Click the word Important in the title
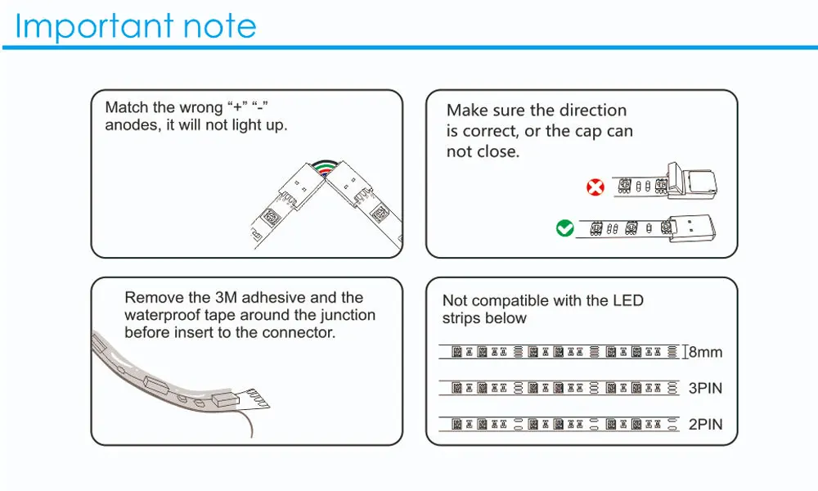(94, 26)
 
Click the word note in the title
(219, 27)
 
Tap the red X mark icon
(596, 187)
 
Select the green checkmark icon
(565, 228)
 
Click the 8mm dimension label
(705, 352)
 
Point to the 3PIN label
(705, 388)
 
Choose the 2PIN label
(705, 424)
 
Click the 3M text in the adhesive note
(226, 297)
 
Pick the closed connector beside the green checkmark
(692, 228)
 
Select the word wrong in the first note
(202, 107)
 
